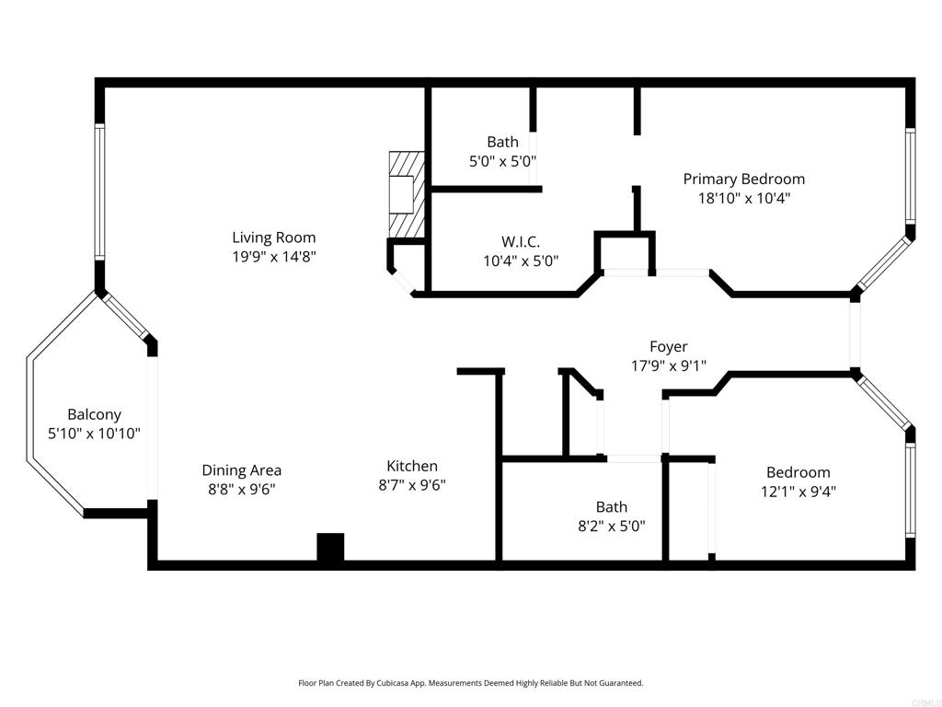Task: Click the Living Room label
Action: click(x=274, y=238)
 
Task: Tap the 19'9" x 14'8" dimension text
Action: click(x=274, y=257)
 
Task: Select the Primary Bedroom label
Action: click(x=743, y=180)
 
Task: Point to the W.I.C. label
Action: click(x=521, y=242)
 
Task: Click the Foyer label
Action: click(x=669, y=346)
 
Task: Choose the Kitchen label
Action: click(x=412, y=466)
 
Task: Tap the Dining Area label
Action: click(x=242, y=470)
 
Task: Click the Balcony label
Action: click(x=95, y=414)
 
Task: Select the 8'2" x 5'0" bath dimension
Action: click(x=612, y=526)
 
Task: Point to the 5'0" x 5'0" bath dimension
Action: click(x=503, y=161)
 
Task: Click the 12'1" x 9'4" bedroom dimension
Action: click(x=798, y=492)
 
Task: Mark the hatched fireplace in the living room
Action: click(x=407, y=194)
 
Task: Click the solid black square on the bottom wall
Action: click(x=330, y=547)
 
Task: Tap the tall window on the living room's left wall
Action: click(x=99, y=191)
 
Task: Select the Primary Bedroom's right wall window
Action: click(x=911, y=176)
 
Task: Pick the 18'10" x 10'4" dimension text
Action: click(x=743, y=198)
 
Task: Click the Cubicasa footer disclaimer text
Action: click(x=471, y=683)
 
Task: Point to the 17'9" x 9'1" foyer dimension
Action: click(x=669, y=365)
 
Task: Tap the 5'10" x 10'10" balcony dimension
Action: click(x=95, y=434)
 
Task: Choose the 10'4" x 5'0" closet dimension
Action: click(x=521, y=261)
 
